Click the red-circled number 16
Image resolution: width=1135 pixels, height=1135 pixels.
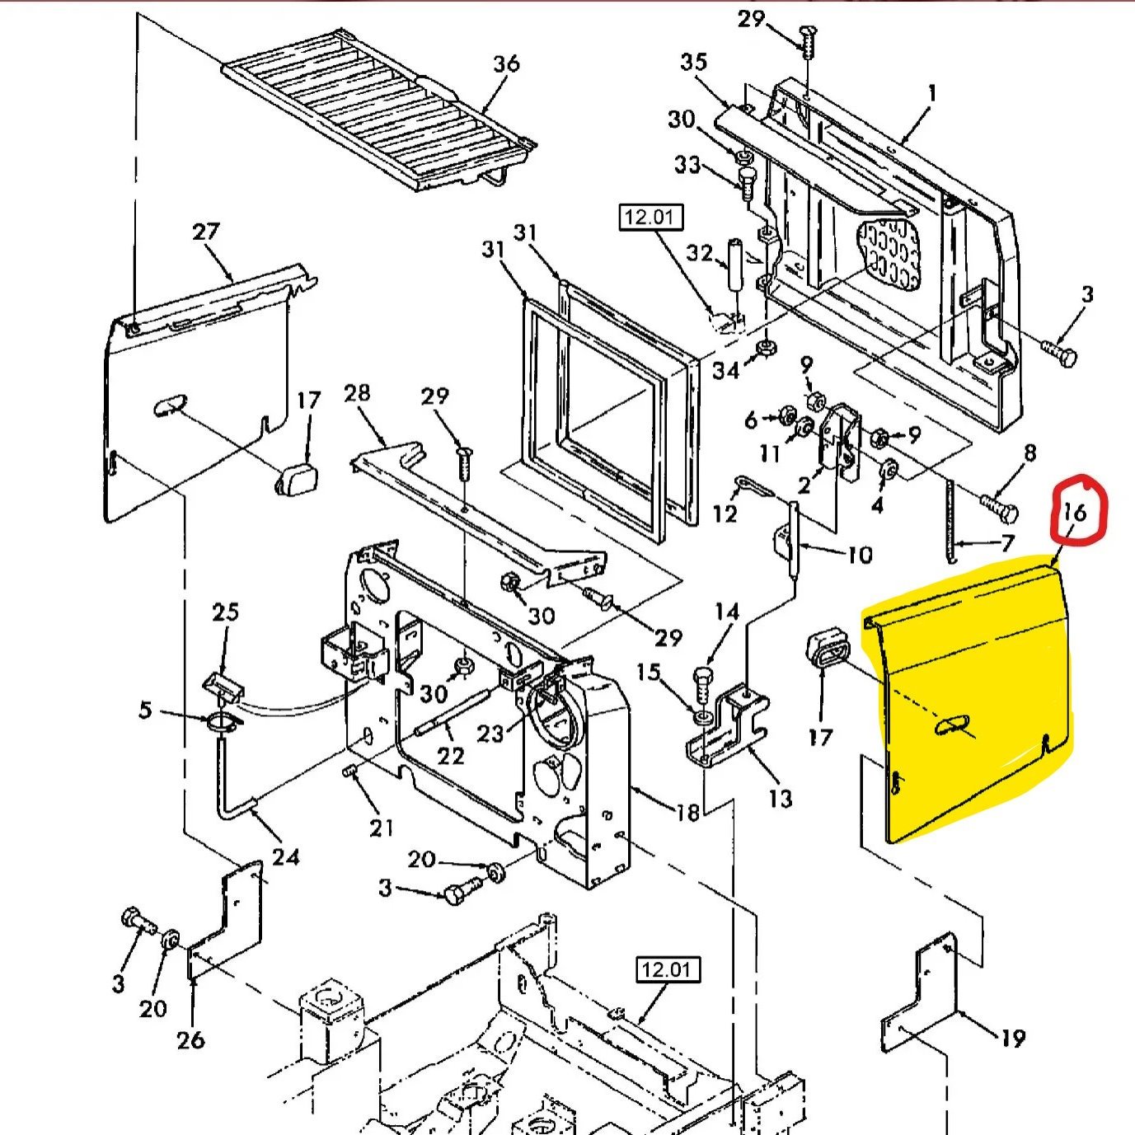click(x=1075, y=513)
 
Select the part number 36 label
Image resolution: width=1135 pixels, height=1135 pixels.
click(x=506, y=63)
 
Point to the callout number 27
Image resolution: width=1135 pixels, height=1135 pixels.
click(x=205, y=232)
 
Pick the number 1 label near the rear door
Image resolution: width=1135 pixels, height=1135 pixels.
click(x=932, y=93)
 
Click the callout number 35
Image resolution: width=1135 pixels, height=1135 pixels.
click(x=693, y=62)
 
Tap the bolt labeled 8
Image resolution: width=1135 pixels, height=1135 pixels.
click(x=999, y=508)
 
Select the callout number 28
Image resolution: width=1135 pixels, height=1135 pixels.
click(x=357, y=393)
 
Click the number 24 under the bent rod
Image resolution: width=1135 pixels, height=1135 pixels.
click(x=285, y=857)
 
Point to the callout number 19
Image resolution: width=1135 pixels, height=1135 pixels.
click(x=1013, y=1039)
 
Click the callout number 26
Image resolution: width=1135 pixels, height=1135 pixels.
click(x=190, y=1039)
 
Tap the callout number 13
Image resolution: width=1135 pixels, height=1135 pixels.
click(x=780, y=798)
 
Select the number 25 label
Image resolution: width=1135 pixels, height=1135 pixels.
click(x=225, y=612)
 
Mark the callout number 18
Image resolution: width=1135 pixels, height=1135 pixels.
click(x=687, y=813)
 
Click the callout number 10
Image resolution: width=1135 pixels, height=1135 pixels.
click(x=859, y=555)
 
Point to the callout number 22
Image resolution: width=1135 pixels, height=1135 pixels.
click(x=450, y=755)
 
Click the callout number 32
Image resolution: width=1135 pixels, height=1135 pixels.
click(x=699, y=252)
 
